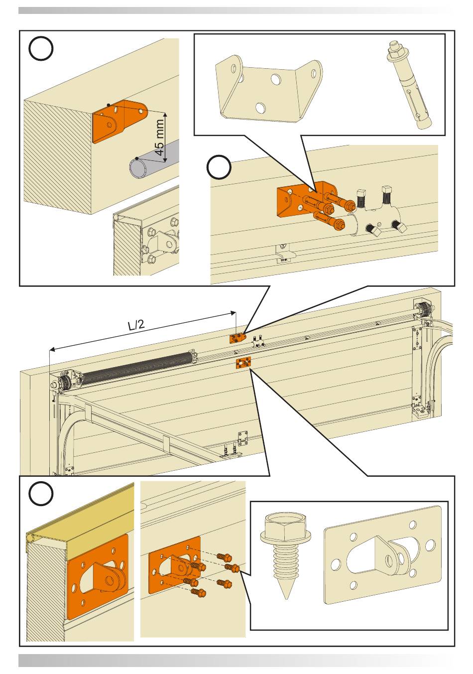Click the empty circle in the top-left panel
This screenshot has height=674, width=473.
tap(41, 50)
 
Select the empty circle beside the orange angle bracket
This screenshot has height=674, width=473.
tap(219, 167)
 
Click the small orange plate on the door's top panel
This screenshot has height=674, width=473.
tap(243, 363)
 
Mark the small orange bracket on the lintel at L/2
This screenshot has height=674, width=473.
tap(237, 338)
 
